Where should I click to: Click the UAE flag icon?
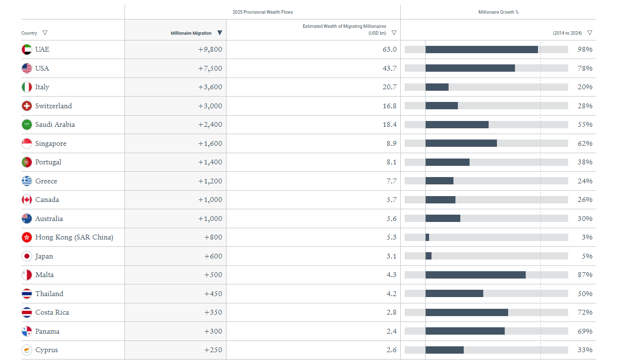tap(27, 49)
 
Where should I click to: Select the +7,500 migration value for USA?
tap(210, 68)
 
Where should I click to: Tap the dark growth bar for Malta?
tap(475, 275)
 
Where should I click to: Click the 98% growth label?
tap(585, 49)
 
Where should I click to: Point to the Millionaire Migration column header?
tap(191, 33)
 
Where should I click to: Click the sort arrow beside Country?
tap(45, 33)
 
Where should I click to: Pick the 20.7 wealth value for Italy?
tap(390, 87)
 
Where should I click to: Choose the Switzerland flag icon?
tap(27, 106)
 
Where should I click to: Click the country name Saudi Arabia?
tap(55, 124)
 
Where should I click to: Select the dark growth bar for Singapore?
tap(461, 143)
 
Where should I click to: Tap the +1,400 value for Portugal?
tap(210, 162)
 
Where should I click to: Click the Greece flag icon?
tap(27, 181)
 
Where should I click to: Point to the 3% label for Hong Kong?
tap(588, 237)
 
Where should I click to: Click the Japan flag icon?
tap(27, 256)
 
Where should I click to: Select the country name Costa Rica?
tap(52, 312)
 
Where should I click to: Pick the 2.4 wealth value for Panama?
tap(391, 331)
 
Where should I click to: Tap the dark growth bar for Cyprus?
tap(444, 350)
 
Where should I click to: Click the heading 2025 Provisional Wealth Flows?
tap(263, 12)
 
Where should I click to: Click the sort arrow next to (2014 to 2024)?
tap(590, 33)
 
